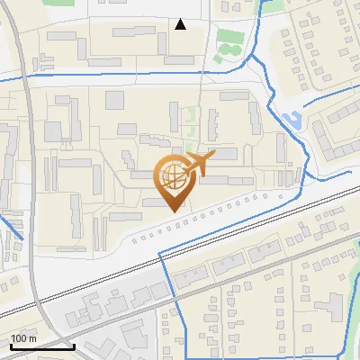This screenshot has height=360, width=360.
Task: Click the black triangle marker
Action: tap(181, 24)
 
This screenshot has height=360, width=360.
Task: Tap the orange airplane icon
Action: tap(198, 165)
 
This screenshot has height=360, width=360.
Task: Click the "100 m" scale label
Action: tap(23, 337)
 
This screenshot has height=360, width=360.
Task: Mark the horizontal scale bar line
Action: tap(41, 346)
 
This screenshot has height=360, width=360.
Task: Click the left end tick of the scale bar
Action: tap(10, 344)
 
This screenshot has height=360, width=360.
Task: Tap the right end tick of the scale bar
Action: tap(74, 344)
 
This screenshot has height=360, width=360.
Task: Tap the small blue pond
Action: tap(291, 119)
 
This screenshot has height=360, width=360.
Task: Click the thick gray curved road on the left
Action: tap(34, 180)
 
